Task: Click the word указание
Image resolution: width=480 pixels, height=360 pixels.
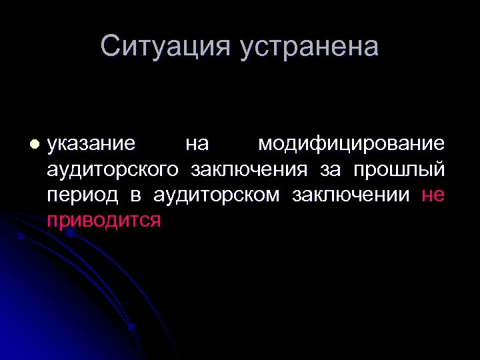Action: [91, 143]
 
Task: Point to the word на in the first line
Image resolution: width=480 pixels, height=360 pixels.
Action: [197, 143]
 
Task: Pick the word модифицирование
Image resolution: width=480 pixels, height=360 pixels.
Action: [351, 143]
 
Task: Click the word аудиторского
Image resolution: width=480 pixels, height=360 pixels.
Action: [113, 169]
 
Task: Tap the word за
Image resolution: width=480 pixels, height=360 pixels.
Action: [330, 169]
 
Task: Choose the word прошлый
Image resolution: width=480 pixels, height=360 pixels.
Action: [399, 169]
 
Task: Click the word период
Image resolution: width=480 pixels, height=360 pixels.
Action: [83, 195]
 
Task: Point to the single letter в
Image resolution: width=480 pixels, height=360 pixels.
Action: [136, 195]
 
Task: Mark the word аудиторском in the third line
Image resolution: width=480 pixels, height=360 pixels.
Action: [216, 195]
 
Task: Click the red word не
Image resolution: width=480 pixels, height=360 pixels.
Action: [433, 195]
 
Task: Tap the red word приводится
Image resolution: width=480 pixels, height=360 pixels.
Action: [104, 221]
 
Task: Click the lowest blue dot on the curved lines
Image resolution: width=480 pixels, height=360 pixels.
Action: [131, 327]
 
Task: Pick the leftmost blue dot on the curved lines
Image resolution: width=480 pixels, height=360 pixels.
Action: [21, 236]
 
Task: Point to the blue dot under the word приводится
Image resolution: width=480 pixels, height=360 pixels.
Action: [70, 233]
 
